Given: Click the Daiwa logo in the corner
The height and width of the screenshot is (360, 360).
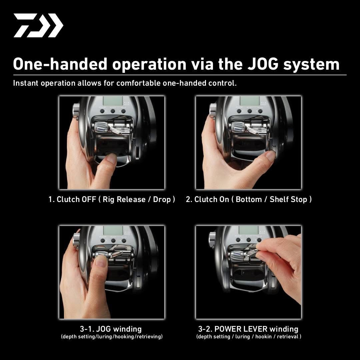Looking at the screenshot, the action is point(38,25).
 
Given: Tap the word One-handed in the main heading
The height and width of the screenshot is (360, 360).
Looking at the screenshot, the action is point(60,64).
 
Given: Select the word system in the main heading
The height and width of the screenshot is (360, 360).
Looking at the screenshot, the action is point(311,64).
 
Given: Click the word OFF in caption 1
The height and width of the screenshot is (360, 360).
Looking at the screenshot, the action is point(89,199).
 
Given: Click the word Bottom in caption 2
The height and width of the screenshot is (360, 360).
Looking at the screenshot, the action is point(249,199).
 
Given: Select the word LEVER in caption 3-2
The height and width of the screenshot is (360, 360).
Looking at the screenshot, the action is point(255,329).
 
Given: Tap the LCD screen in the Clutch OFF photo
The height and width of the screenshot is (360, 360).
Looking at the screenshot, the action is point(113,101).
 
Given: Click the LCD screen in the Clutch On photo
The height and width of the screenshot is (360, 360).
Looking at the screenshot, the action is point(249,101).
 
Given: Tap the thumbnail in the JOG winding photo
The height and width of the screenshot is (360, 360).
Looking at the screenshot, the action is point(101,261).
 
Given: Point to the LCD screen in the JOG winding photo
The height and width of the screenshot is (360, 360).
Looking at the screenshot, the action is point(113,230).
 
